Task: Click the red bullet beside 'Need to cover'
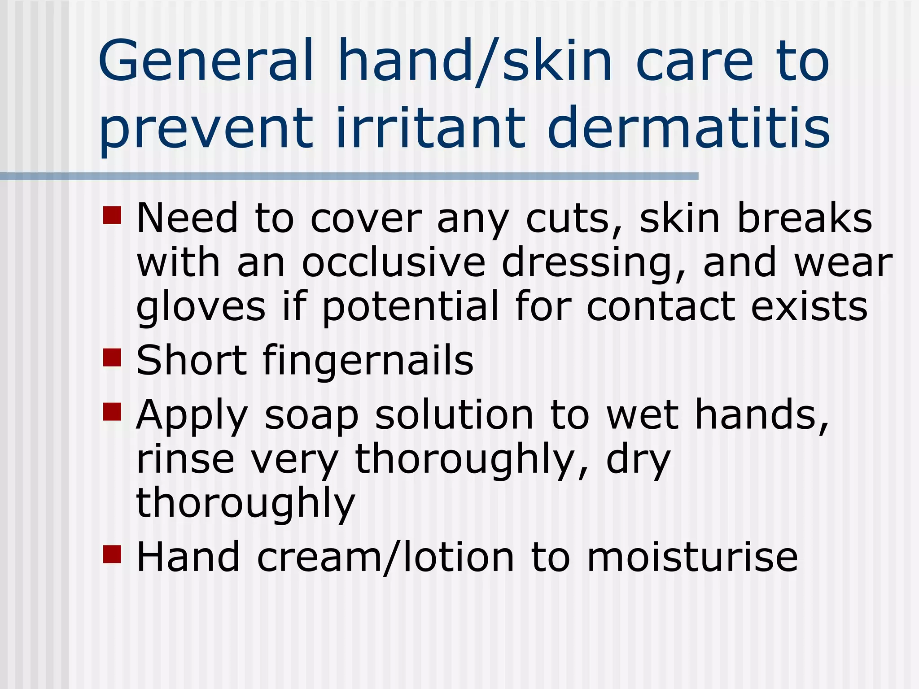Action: click(x=112, y=215)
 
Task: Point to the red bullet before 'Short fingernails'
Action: click(x=112, y=358)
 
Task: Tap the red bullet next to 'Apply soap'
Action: click(x=112, y=411)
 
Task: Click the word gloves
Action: click(x=201, y=307)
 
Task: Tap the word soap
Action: click(x=311, y=415)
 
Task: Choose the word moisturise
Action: click(x=692, y=557)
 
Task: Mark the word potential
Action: click(x=410, y=307)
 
